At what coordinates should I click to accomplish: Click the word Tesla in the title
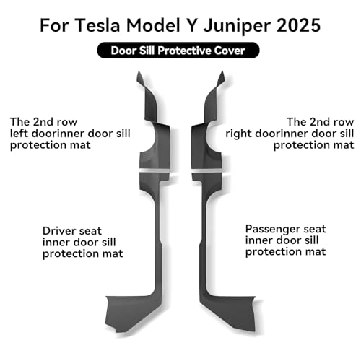[97, 25]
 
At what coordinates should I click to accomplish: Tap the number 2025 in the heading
[298, 25]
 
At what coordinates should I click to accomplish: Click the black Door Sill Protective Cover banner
[178, 51]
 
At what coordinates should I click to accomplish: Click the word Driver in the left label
[59, 231]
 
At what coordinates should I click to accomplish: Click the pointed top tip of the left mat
[139, 71]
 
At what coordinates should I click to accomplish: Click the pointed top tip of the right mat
[222, 71]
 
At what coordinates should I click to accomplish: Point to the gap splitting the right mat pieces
[206, 170]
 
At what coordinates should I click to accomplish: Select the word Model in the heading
[153, 25]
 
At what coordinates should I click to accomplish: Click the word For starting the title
[55, 25]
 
